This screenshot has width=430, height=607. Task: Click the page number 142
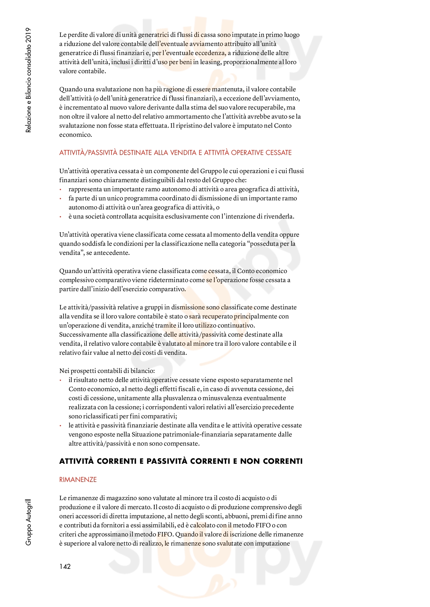pos(65,566)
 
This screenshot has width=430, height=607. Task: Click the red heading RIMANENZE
pos(78,480)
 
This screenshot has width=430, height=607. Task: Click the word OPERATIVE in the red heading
pos(247,153)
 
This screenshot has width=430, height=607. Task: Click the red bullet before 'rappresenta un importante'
pos(61,189)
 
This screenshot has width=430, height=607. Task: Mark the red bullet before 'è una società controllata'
pos(61,217)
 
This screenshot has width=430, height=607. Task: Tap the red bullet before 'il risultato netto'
pos(61,380)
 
